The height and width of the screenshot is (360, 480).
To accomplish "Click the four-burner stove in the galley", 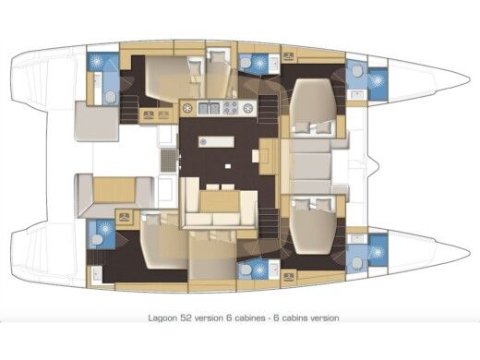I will tap(229, 108).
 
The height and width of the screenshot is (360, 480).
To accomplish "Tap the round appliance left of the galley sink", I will tap(188, 108).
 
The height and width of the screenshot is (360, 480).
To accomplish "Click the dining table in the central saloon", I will tap(218, 199).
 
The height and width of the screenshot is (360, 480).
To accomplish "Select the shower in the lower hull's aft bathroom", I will tap(99, 235).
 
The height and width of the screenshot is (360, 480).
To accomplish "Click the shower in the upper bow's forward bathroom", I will tap(378, 79).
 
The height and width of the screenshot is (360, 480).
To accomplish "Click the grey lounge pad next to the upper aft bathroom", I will tap(96, 122).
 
